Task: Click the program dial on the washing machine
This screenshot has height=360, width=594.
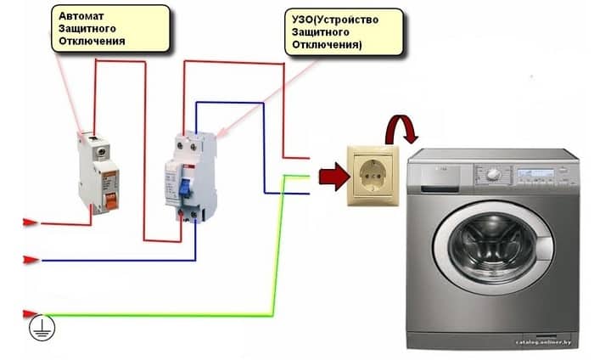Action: pos(492,176)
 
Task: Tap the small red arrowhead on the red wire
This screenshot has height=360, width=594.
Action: pos(30,222)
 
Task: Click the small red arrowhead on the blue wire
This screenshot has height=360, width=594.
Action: pos(30,259)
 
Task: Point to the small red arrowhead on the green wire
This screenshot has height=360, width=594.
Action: pos(30,314)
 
